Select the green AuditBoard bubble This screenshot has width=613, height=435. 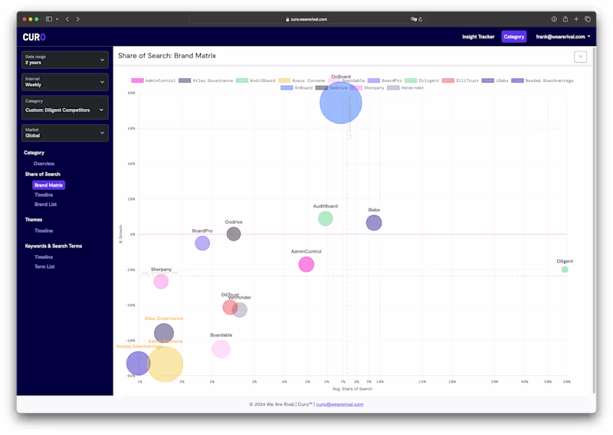[325, 218]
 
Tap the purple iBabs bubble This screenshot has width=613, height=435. [373, 223]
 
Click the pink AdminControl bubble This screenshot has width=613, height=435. [306, 264]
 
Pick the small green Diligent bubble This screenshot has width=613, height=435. [565, 270]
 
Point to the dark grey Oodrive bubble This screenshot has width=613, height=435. [234, 234]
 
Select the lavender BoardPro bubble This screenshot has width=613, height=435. [202, 243]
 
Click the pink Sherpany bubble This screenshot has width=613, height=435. [161, 282]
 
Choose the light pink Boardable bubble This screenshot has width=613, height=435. [221, 349]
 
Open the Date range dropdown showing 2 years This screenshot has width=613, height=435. [64, 60]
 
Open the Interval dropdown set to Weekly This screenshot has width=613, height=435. [64, 82]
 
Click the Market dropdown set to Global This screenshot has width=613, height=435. [64, 132]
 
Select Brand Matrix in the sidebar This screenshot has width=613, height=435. [48, 185]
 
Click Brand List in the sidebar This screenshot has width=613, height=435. [45, 204]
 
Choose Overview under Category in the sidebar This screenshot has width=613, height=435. [44, 164]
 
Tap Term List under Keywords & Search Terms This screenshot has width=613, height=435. [44, 267]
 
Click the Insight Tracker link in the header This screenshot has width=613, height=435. [478, 37]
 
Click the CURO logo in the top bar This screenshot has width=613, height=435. [34, 37]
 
